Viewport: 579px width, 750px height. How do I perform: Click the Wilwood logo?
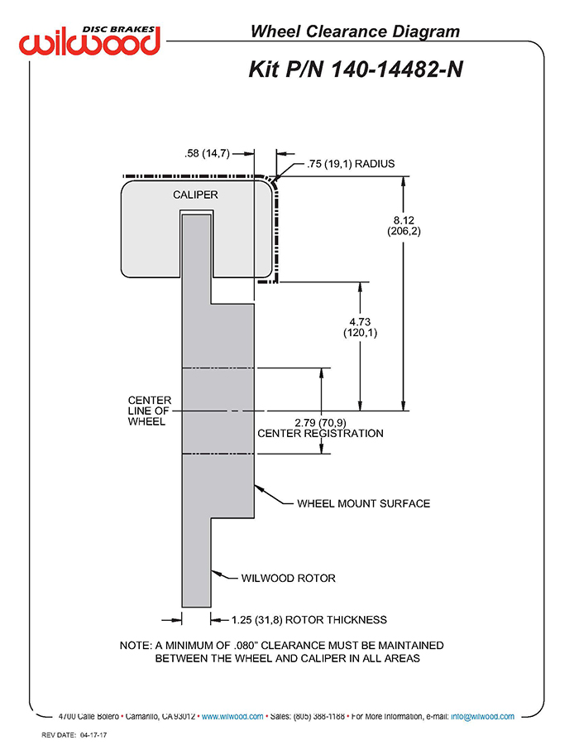(89, 41)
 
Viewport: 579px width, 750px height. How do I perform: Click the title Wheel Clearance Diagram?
(355, 31)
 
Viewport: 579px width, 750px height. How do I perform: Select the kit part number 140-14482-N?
(396, 70)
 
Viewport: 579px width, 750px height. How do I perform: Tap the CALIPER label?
(195, 195)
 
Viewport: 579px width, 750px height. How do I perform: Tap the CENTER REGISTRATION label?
(320, 433)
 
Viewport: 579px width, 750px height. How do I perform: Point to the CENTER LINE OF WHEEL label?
(149, 411)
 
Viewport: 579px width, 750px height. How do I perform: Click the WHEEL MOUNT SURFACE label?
(363, 503)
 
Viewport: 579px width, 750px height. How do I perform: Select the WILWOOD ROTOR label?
(289, 578)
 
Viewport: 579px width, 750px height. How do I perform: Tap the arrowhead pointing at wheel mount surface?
(259, 488)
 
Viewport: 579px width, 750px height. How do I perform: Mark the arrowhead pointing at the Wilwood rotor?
(216, 573)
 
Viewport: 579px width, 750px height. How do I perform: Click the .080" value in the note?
(246, 645)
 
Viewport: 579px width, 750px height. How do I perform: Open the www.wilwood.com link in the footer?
(232, 717)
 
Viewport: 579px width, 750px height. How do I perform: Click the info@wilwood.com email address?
(482, 717)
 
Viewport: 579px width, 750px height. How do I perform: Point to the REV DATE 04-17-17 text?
(74, 735)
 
